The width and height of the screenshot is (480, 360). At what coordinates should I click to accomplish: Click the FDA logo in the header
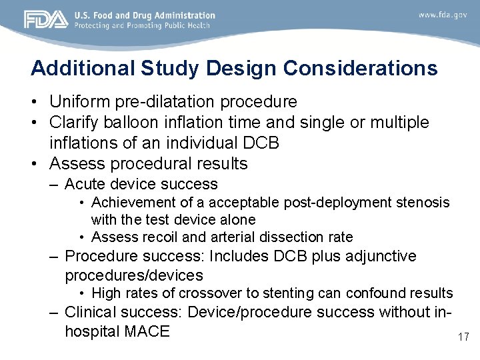46,20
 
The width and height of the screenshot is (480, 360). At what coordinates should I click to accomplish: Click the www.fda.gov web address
443,15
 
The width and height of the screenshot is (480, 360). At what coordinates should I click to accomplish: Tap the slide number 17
463,337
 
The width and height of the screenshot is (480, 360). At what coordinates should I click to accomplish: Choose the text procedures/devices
134,275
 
